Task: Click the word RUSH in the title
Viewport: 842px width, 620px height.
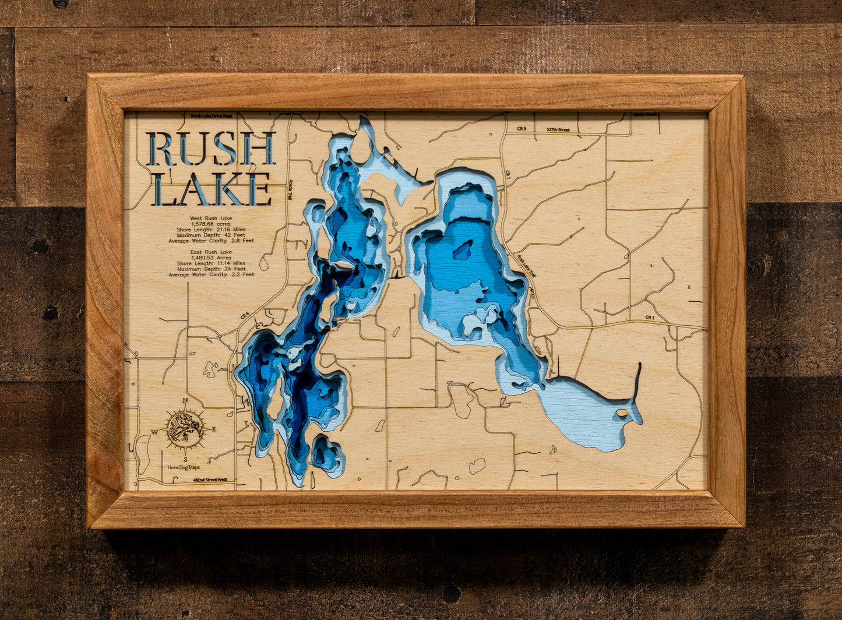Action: pos(210,149)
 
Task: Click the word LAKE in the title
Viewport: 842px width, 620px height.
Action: pos(212,189)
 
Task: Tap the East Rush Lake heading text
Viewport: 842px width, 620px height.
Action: pos(211,252)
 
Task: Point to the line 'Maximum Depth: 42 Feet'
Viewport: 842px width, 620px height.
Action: pos(211,235)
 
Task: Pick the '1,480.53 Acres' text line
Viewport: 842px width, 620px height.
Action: pos(211,258)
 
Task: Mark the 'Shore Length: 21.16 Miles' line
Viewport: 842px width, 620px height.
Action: pos(211,230)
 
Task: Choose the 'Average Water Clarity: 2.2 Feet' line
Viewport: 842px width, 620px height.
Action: pos(211,274)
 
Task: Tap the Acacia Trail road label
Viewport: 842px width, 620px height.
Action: pos(290,189)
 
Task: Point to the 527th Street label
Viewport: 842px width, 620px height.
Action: pos(558,130)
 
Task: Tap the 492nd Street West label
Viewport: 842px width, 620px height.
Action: pos(210,480)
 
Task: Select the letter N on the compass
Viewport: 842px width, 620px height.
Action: pos(185,400)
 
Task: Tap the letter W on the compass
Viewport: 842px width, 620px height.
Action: pos(155,432)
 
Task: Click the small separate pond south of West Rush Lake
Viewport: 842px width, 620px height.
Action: pos(327,454)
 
